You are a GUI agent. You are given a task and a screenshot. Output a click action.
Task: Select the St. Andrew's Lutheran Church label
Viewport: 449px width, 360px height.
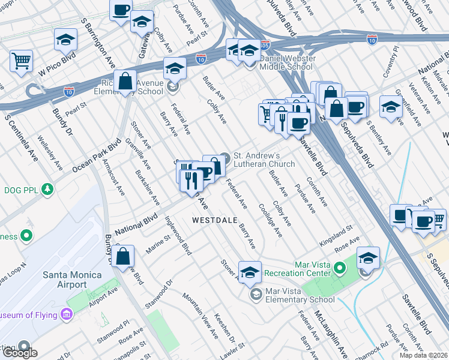click(x=264, y=160)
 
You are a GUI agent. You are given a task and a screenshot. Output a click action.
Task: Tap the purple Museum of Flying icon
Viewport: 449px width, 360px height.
click(x=66, y=314)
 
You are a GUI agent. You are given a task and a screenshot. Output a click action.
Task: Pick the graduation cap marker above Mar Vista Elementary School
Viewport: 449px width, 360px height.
click(x=250, y=272)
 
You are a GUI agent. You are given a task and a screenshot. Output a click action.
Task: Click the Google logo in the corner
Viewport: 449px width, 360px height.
click(x=19, y=352)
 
